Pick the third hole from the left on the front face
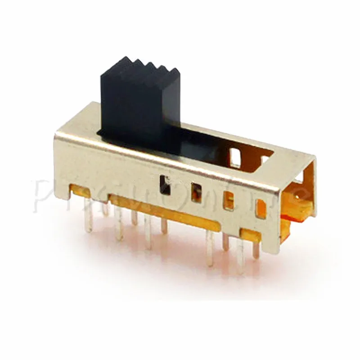tap(229, 201)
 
